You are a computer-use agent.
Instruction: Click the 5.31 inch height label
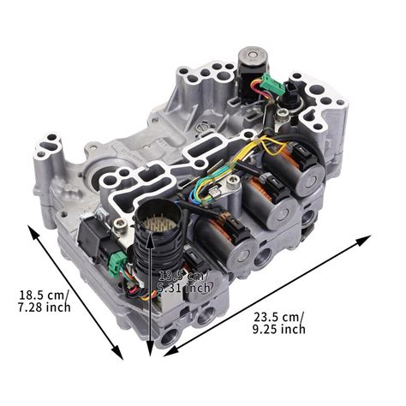coord(184,288)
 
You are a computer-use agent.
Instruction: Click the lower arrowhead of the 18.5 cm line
coord(121,356)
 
